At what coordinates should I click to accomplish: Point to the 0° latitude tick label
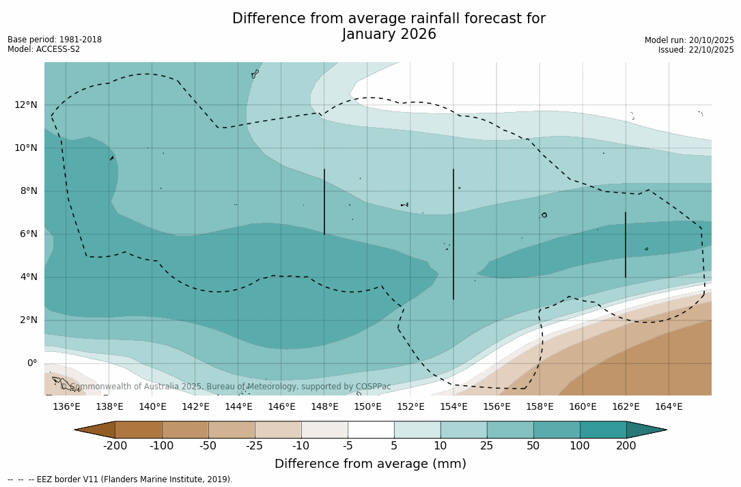pyautogui.click(x=32, y=363)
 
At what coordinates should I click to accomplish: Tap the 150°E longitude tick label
pyautogui.click(x=367, y=406)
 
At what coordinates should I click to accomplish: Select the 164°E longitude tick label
pyautogui.click(x=669, y=406)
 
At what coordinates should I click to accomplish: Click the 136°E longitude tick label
pyautogui.click(x=66, y=406)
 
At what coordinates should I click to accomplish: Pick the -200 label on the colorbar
pyautogui.click(x=115, y=446)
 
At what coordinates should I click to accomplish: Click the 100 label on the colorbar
pyautogui.click(x=580, y=446)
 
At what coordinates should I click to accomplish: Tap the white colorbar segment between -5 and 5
pyautogui.click(x=371, y=430)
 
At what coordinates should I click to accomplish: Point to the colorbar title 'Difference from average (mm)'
pyautogui.click(x=370, y=464)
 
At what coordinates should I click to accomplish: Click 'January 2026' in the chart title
pyautogui.click(x=389, y=34)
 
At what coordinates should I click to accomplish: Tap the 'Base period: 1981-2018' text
pyautogui.click(x=55, y=40)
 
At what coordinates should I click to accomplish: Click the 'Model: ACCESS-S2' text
pyautogui.click(x=44, y=49)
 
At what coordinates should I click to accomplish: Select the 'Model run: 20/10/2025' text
pyautogui.click(x=689, y=40)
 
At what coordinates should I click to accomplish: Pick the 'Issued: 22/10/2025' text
pyautogui.click(x=696, y=50)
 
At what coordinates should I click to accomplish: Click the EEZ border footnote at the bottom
pyautogui.click(x=120, y=479)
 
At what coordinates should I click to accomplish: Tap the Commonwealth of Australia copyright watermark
pyautogui.click(x=226, y=387)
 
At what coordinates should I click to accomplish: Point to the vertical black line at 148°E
pyautogui.click(x=324, y=201)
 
